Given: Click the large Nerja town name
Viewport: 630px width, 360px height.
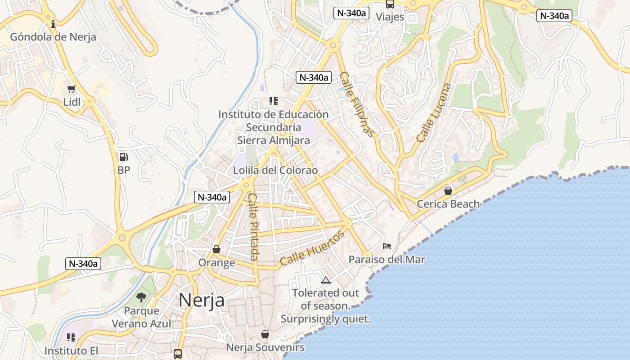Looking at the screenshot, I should point(202,300).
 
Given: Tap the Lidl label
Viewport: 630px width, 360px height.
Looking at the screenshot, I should point(72,102).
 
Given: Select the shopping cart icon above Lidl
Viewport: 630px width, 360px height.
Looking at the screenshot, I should point(71,89).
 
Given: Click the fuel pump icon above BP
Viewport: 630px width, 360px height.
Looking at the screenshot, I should point(123,157).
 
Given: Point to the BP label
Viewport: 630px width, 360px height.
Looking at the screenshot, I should point(123,171).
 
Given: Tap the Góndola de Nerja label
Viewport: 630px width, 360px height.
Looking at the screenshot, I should point(53,37).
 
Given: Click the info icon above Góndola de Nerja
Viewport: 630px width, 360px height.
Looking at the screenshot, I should point(53,24).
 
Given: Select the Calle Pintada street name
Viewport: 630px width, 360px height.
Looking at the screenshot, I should point(253,227).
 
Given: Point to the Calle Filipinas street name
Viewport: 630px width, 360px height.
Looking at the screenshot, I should point(357,104).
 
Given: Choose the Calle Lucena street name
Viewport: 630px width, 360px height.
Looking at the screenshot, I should point(433,113).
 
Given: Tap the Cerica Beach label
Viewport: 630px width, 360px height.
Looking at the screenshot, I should point(448,204).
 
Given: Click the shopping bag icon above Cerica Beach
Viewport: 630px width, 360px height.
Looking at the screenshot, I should point(448,191).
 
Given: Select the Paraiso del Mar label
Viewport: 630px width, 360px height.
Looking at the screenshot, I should point(387,260).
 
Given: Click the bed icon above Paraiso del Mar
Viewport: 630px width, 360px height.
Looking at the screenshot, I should point(387,246).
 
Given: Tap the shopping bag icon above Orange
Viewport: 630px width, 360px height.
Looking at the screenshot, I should point(216,249).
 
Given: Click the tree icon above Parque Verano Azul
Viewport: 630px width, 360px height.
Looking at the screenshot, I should point(141,297).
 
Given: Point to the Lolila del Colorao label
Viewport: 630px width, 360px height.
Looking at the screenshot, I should point(275,171).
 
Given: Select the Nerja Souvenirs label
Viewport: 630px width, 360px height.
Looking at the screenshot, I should point(265,348).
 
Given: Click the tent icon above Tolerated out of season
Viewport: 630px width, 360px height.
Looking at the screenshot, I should point(325,280).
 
